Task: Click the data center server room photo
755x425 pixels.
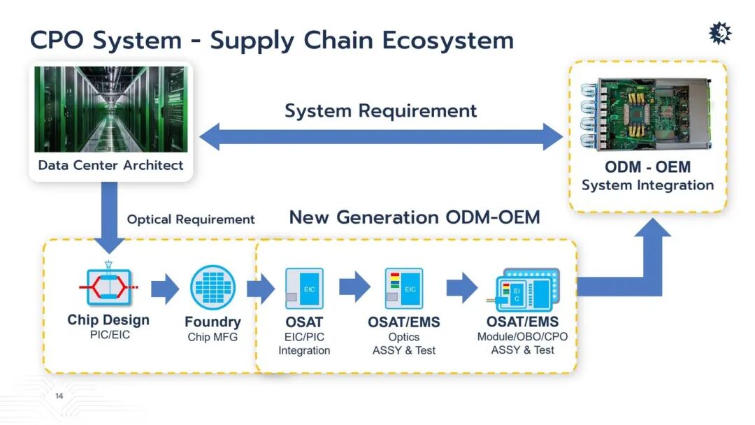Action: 110,109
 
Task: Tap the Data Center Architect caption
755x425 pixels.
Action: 110,165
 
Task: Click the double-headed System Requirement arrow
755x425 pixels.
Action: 381,137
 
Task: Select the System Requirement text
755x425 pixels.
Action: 381,110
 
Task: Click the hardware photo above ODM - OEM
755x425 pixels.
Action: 647,115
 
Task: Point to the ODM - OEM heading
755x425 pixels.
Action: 647,167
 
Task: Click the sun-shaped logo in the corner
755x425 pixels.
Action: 720,33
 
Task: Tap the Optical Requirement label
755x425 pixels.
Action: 191,219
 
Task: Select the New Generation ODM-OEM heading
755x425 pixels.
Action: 415,217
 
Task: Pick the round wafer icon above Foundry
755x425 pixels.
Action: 213,287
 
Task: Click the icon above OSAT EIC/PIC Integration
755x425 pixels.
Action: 304,288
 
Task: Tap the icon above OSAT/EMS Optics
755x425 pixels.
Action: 404,288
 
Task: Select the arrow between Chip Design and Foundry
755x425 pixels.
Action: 165,289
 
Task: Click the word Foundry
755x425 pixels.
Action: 213,322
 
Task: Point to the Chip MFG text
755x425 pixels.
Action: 213,337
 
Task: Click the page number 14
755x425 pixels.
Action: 59,396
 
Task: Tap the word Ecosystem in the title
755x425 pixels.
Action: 448,40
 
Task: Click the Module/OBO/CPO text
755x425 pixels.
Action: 522,336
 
